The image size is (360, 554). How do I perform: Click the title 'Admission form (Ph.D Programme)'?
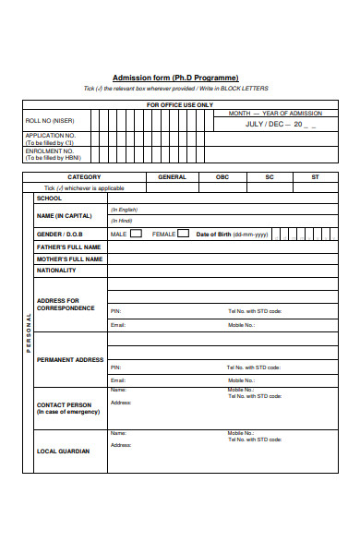[x=175, y=78]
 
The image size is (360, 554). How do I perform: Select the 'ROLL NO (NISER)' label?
[x=51, y=121]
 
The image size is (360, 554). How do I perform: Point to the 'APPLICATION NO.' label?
[x=51, y=136]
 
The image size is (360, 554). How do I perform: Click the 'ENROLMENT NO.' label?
[x=50, y=151]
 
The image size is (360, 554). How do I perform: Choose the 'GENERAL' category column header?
[x=172, y=176]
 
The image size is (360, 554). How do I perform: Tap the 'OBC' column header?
[x=222, y=176]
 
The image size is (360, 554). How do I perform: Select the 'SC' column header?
[x=270, y=176]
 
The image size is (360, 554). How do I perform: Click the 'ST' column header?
[x=315, y=176]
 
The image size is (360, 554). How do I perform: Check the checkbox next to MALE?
[x=137, y=234]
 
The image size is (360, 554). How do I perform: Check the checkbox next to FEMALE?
[x=183, y=234]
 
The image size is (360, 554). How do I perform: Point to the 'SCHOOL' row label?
[x=49, y=199]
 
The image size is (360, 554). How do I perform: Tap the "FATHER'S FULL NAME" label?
[x=68, y=247]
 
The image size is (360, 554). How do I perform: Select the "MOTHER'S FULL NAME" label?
[x=68, y=259]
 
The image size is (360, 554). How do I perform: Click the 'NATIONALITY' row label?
[x=56, y=271]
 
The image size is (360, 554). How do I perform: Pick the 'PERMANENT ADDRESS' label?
[x=70, y=359]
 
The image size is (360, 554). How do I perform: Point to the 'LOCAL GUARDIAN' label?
[x=63, y=452]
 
